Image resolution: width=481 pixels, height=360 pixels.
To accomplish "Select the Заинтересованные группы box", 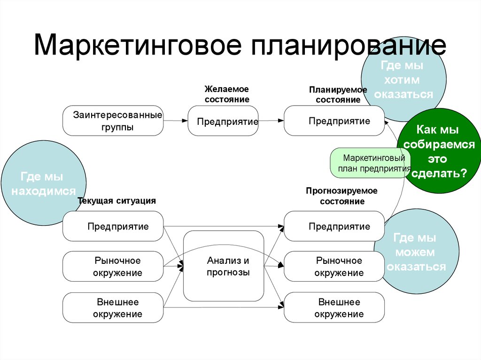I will point(113,121).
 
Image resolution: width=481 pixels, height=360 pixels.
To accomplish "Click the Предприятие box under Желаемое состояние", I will point(224,121).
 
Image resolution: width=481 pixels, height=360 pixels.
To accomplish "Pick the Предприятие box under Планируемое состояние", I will point(334,121).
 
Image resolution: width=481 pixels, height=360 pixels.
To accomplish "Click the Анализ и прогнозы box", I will point(224,266).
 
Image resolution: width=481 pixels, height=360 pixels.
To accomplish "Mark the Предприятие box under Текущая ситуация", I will point(113,226).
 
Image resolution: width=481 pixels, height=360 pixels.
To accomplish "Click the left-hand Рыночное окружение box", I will point(113,267).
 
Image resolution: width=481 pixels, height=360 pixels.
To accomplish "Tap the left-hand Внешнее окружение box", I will point(113,308).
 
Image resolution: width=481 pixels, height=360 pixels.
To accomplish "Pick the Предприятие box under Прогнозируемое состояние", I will point(334,226).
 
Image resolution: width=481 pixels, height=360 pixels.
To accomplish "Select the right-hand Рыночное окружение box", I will point(334,267).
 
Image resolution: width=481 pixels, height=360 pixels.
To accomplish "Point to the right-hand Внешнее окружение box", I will point(334,308).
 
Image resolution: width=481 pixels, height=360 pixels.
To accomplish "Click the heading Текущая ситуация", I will point(116,201).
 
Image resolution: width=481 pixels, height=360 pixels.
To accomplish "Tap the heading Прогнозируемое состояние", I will point(341,196).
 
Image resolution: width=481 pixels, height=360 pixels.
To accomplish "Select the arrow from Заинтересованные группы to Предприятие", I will point(176,121).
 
